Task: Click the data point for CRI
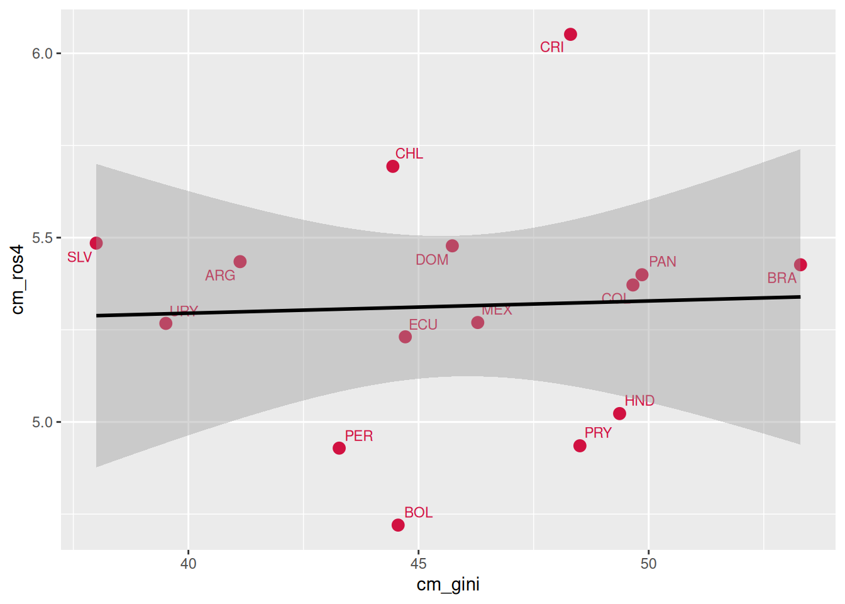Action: tap(570, 35)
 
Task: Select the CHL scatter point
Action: tap(393, 167)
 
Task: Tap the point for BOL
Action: tap(398, 525)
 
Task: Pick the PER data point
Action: tap(339, 448)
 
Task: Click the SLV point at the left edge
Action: tap(96, 243)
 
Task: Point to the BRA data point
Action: tap(800, 265)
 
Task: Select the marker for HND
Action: tap(619, 413)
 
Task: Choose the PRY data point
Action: tap(580, 445)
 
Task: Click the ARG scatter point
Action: tap(240, 262)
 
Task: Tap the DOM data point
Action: tap(452, 246)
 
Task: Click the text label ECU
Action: tap(423, 325)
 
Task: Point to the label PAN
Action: tap(663, 262)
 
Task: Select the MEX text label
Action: tap(497, 310)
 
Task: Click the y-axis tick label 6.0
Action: tap(42, 53)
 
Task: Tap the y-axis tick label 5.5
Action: tap(42, 238)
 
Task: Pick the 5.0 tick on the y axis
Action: tap(42, 422)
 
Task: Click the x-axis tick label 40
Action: tap(188, 564)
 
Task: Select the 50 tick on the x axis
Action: tap(648, 564)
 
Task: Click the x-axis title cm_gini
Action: tap(448, 585)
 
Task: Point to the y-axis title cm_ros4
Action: tap(18, 280)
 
